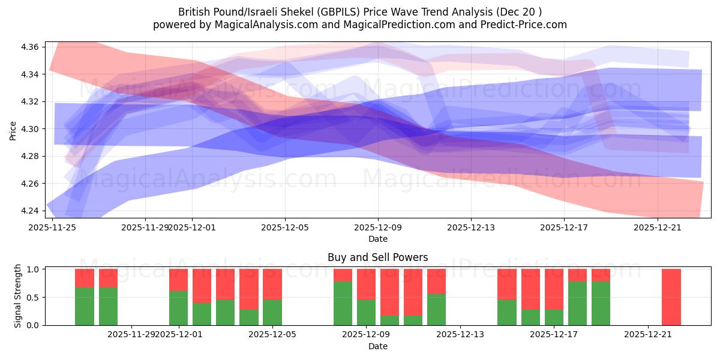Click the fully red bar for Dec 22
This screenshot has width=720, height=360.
click(x=671, y=297)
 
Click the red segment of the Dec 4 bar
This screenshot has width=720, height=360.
click(x=248, y=289)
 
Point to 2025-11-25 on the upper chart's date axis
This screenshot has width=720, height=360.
click(x=53, y=227)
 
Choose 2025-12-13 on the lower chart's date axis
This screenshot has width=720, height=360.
click(x=460, y=334)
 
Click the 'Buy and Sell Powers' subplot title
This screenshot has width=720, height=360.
click(x=377, y=257)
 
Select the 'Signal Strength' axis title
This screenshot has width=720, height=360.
click(x=17, y=296)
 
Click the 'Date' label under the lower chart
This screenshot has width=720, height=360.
click(x=377, y=346)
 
